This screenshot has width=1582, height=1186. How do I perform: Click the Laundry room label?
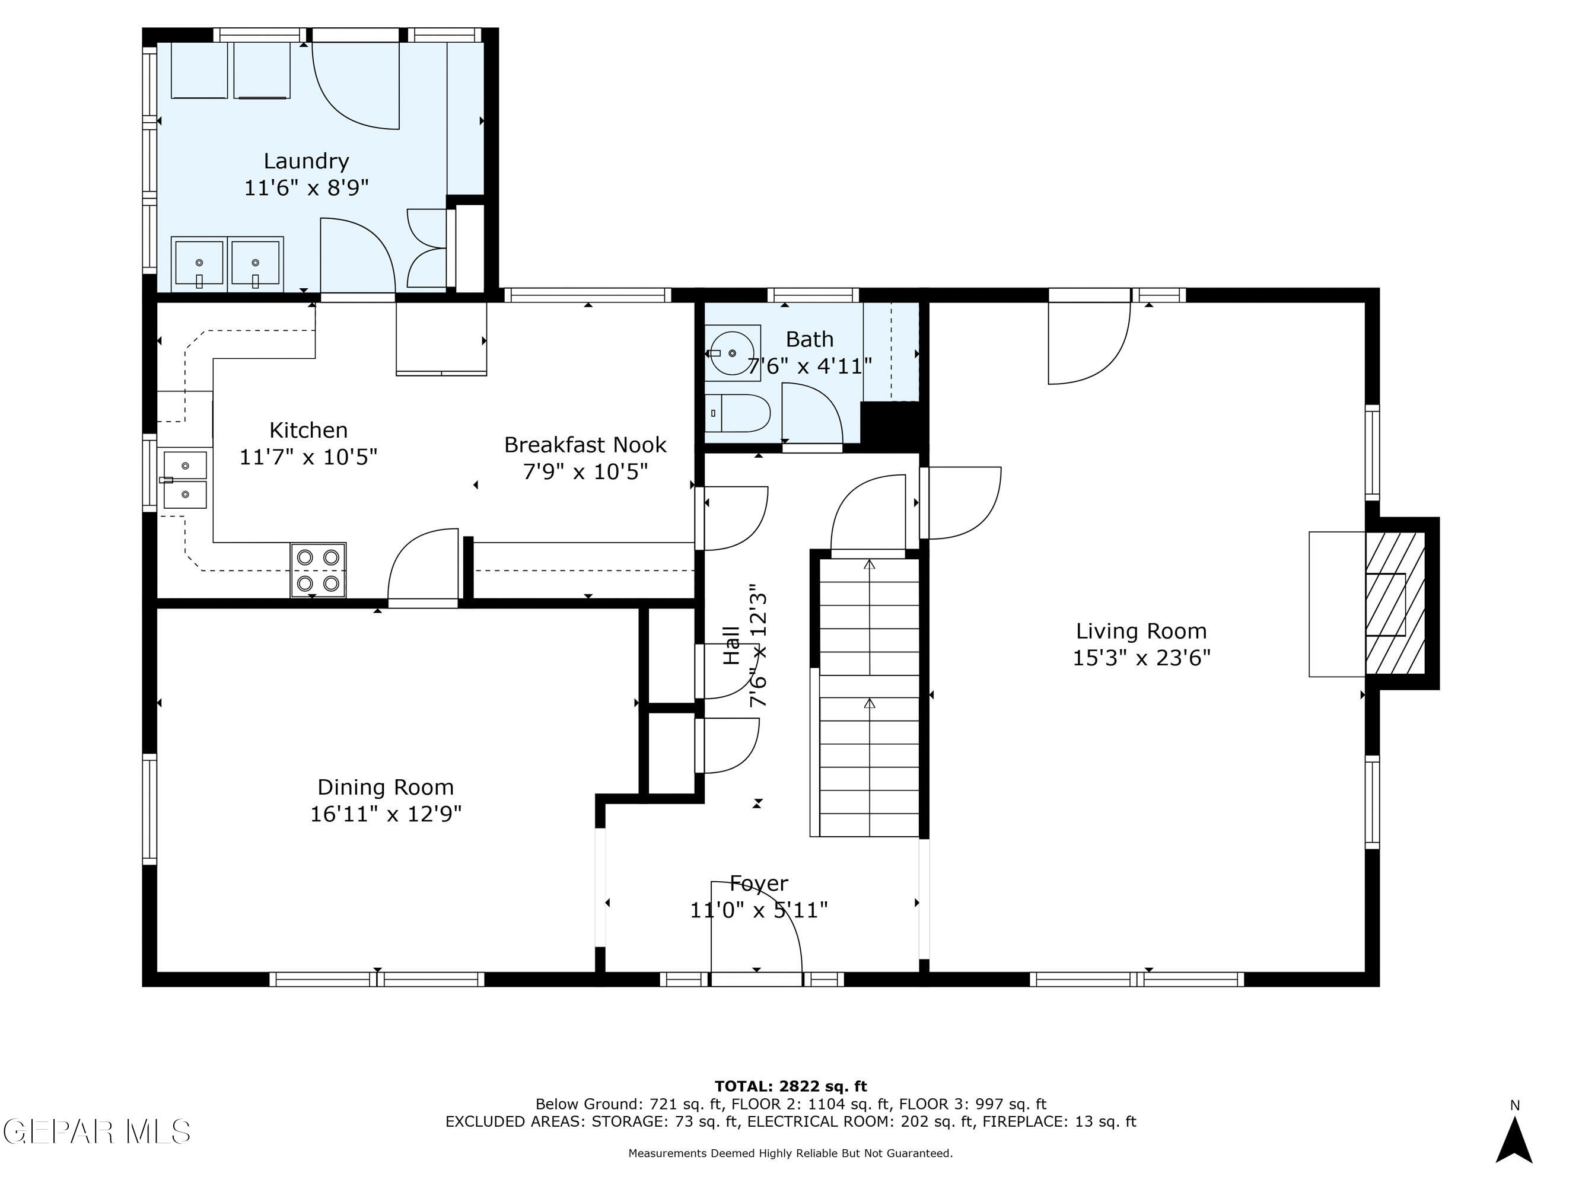pos(306,161)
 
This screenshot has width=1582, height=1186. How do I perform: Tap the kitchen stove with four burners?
pos(319,570)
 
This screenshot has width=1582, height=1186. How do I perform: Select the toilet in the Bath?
pos(737,413)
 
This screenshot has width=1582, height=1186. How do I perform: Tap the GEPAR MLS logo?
pos(97,1131)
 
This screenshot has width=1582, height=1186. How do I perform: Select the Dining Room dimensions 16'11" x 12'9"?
pos(386,814)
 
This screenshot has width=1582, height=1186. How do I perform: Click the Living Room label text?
pos(1141,630)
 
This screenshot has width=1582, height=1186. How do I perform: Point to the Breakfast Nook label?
pos(585,445)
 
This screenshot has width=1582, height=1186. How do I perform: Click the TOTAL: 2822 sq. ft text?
pos(791,1086)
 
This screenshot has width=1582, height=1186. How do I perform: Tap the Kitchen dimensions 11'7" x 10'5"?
pos(308,456)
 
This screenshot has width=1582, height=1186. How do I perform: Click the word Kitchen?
pos(308,430)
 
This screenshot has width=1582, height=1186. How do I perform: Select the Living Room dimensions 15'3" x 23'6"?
pos(1141,658)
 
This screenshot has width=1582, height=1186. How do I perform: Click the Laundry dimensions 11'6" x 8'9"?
pos(306,188)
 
